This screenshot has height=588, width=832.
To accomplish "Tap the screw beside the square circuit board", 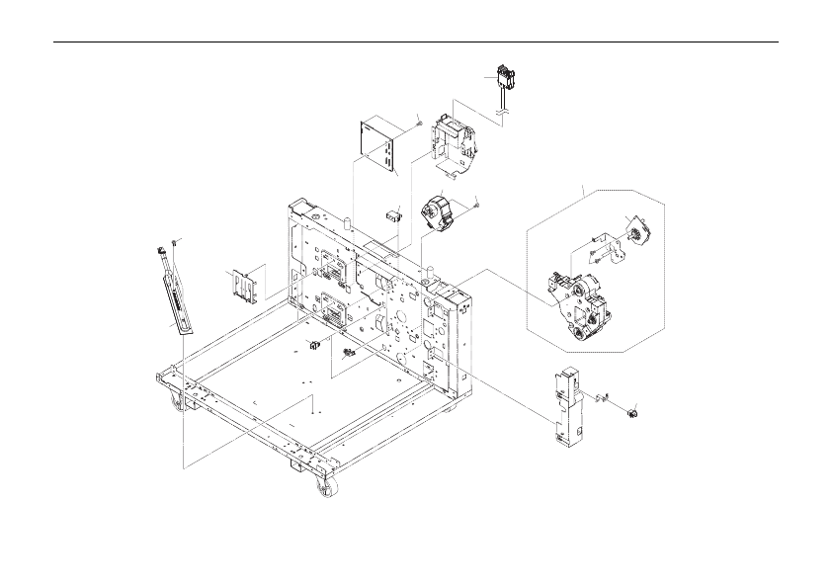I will click(x=419, y=123).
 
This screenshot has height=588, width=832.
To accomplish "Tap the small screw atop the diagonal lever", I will click(x=174, y=242).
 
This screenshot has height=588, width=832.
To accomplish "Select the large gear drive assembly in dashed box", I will click(x=581, y=304).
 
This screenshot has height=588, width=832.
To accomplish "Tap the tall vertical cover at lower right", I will click(x=566, y=405).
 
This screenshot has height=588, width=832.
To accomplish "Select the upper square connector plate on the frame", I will click(x=330, y=267).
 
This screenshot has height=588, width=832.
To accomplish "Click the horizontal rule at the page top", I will click(x=415, y=42).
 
